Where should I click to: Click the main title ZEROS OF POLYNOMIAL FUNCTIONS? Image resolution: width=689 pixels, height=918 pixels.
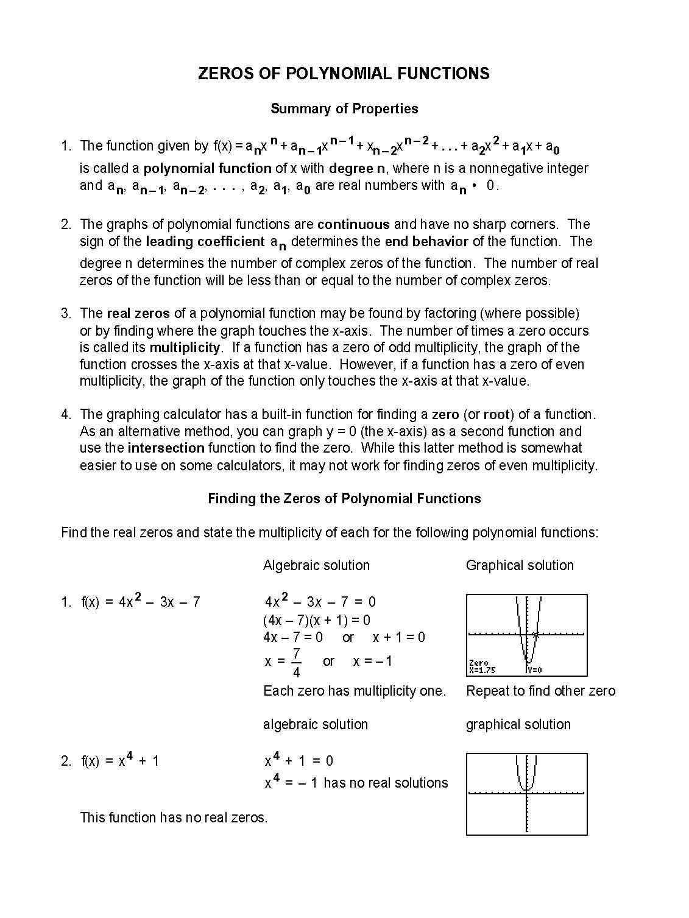344,74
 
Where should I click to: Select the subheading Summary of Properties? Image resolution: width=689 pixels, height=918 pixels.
344,109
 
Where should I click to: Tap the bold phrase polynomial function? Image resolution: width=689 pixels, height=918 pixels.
207,168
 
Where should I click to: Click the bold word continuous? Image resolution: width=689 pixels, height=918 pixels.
353,224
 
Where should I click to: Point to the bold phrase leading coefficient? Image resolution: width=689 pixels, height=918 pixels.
205,242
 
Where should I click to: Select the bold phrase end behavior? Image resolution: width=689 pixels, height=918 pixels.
426,242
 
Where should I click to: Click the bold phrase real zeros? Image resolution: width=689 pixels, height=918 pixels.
138,314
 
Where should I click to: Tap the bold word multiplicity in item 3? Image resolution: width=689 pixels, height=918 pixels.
185,348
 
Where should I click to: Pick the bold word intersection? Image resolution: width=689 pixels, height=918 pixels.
166,448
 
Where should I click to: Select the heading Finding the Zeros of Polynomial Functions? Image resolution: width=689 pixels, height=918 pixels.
344,499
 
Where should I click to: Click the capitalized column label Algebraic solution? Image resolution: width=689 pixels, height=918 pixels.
316,565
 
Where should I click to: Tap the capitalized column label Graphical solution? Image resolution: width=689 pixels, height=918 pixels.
520,565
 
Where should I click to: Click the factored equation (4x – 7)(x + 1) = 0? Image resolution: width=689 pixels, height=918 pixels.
316,621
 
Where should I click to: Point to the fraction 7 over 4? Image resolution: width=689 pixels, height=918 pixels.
296,663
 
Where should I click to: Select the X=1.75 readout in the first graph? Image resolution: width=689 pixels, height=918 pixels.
482,670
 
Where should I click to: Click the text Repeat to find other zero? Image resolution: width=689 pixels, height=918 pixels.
540,691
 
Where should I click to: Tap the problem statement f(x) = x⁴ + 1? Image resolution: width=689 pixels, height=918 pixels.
119,761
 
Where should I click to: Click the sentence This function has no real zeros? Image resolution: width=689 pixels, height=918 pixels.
174,817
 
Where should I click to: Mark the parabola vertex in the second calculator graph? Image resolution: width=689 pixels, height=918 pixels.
526,789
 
